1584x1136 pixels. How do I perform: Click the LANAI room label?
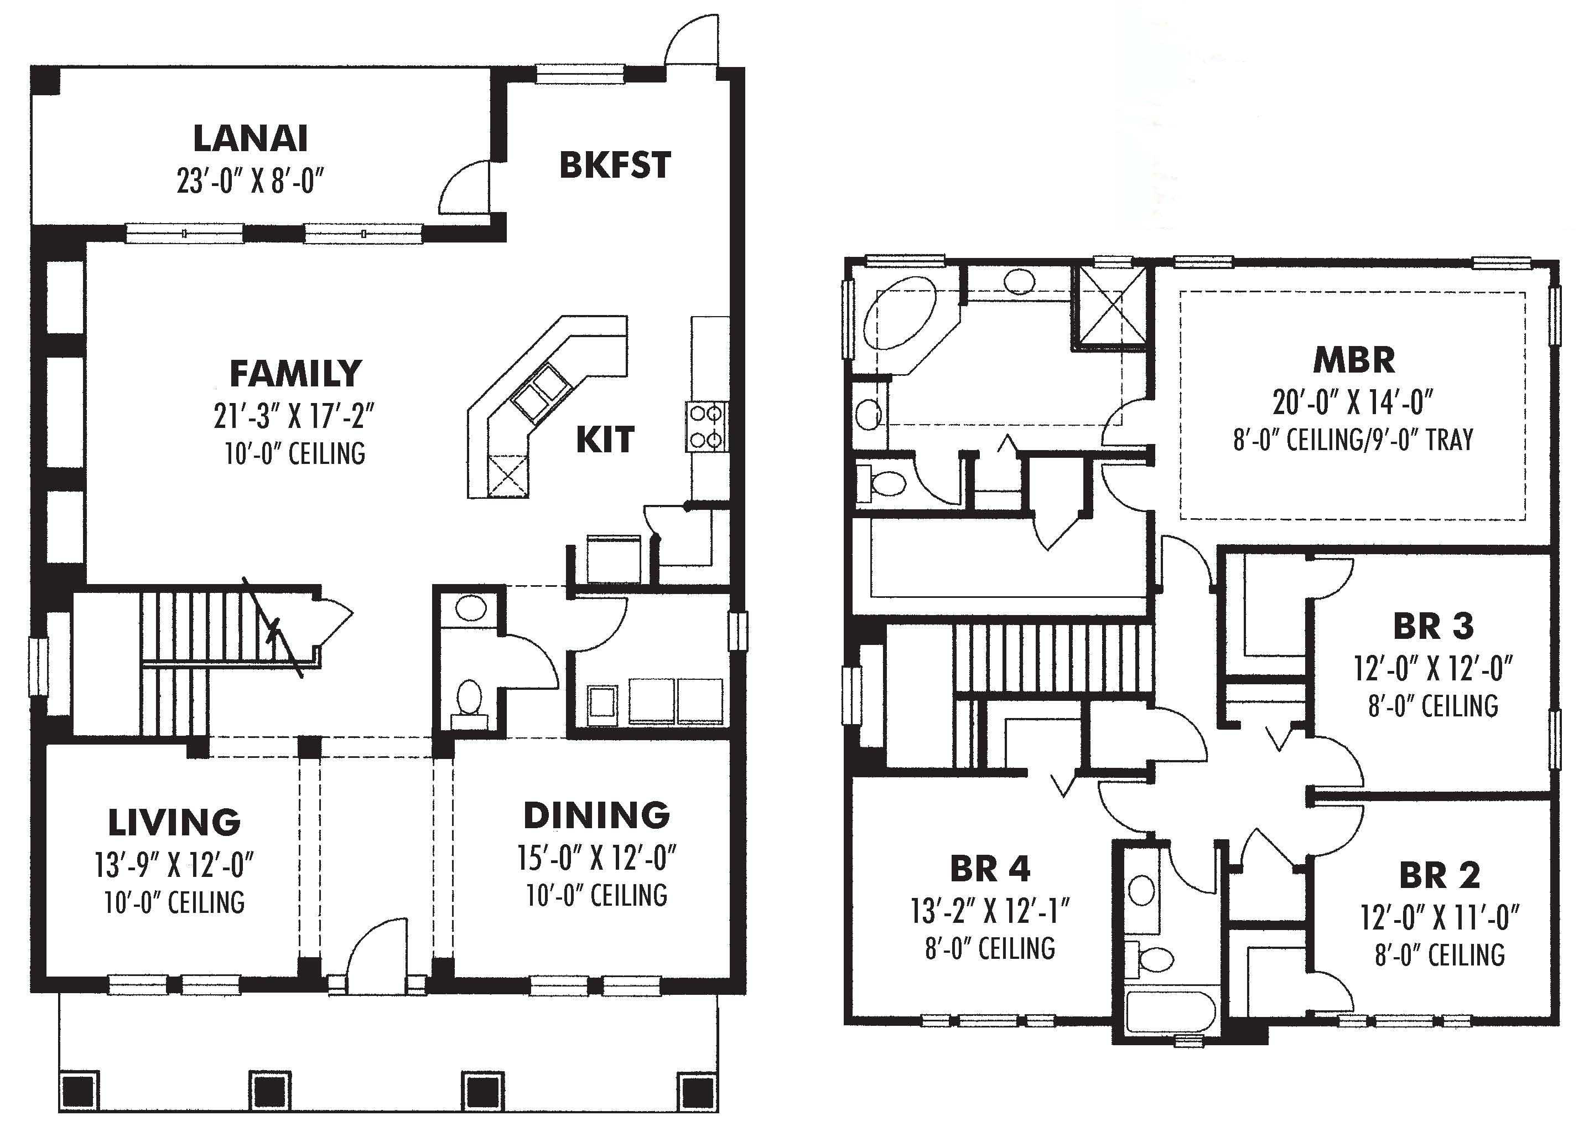(250, 138)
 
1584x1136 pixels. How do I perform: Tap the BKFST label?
(615, 165)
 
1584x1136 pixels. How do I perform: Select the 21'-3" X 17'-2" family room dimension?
(294, 416)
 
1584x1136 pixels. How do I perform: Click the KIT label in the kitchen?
(605, 440)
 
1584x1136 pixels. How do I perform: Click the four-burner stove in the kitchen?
(705, 426)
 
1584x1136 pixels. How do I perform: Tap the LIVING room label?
(174, 822)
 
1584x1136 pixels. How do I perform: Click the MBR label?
(1353, 360)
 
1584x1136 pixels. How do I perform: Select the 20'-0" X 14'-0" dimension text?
(1353, 402)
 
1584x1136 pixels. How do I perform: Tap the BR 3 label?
(1433, 626)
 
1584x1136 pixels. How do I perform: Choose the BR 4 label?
(990, 869)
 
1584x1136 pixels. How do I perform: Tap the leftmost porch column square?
(77, 1091)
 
